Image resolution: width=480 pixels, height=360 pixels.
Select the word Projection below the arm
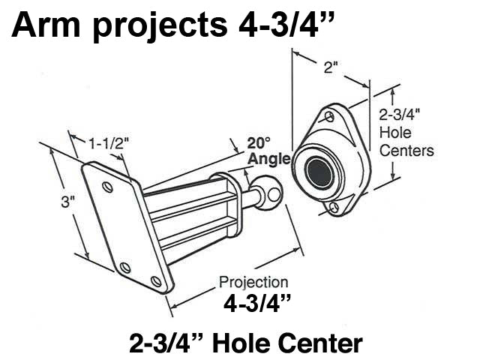click(253, 282)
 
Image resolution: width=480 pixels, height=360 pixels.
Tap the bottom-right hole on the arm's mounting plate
click(156, 281)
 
